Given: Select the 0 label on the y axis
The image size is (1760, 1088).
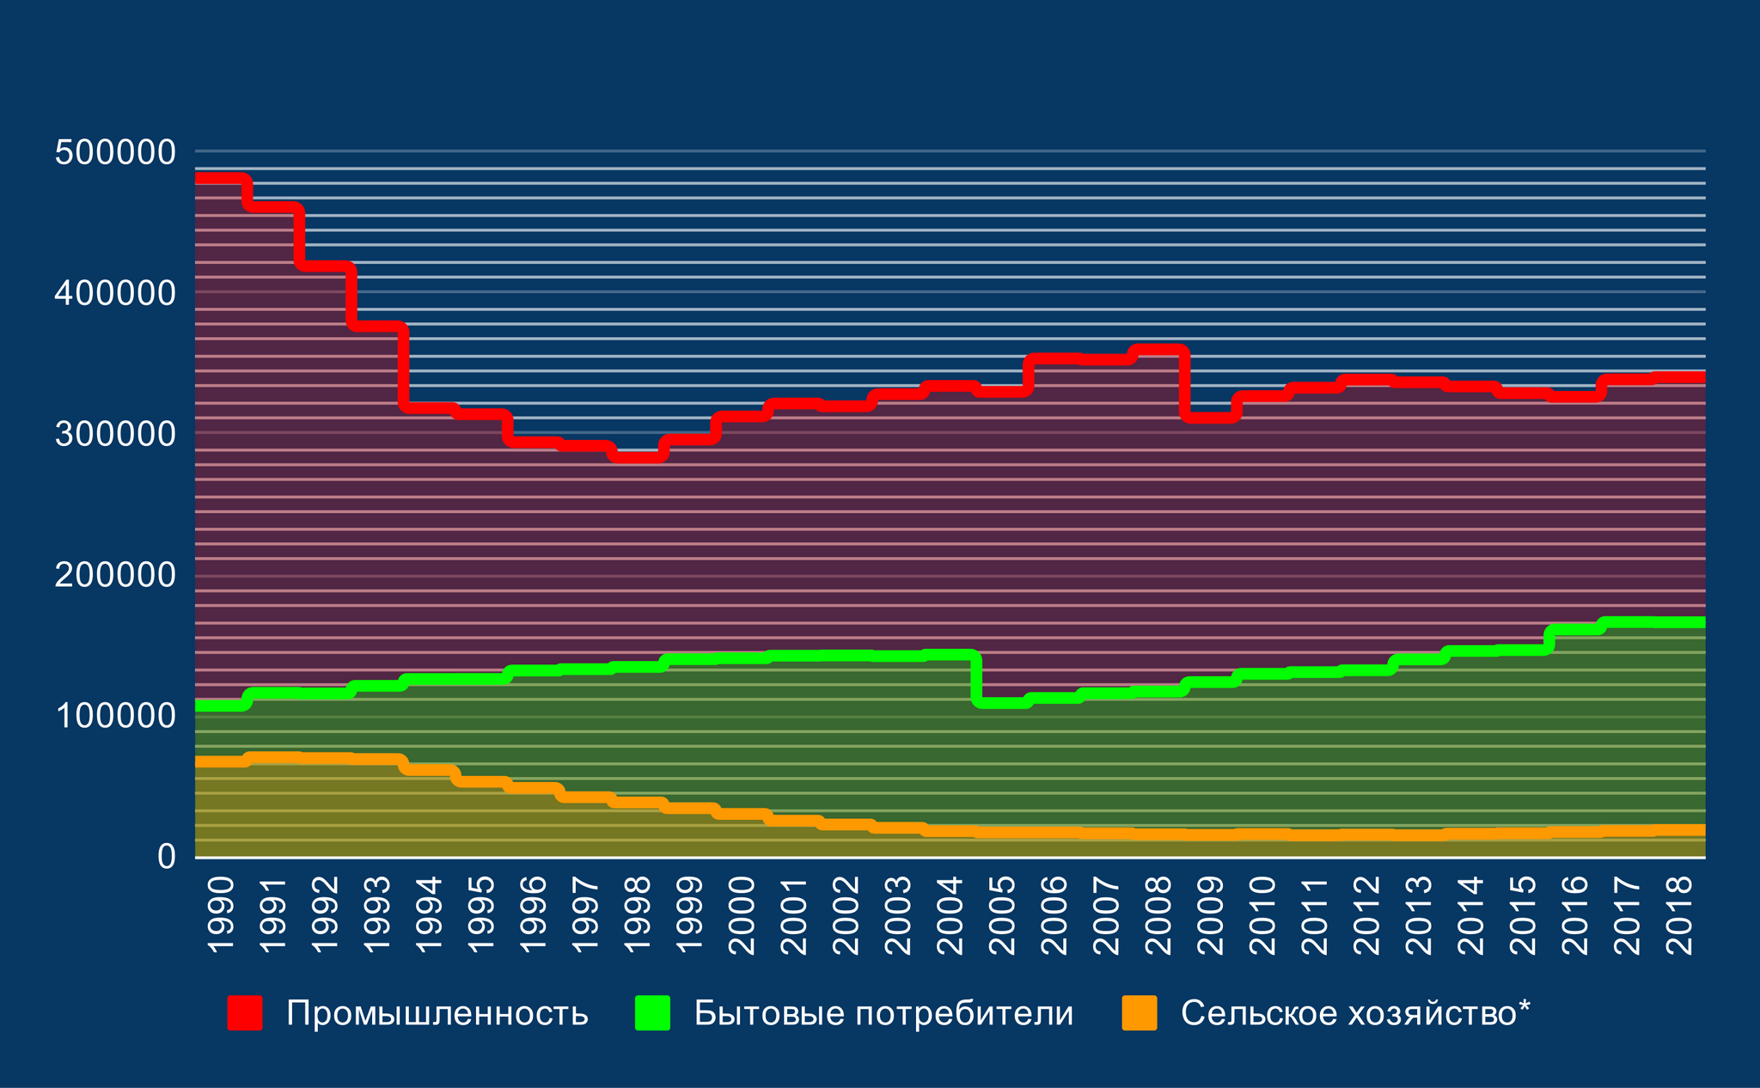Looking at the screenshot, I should tap(166, 857).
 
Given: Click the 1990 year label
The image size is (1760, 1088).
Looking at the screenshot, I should tap(221, 915).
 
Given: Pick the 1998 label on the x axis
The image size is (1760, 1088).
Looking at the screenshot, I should tap(637, 915).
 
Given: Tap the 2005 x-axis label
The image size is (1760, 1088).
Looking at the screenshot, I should tap(1001, 915).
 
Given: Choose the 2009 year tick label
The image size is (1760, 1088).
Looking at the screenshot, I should tap(1210, 915).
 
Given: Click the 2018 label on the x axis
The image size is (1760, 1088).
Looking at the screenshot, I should tap(1678, 915).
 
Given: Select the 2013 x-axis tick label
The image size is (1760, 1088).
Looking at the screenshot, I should tap(1418, 915).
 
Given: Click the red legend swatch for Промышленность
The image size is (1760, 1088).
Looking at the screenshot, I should tap(244, 1012).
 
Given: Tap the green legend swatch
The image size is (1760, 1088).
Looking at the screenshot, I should tap(652, 1012).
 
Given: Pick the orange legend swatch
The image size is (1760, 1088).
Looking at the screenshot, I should tap(1140, 1012).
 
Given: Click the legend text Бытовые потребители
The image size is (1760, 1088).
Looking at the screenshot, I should tap(883, 1014).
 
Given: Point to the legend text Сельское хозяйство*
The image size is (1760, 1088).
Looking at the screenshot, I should tap(1355, 1014).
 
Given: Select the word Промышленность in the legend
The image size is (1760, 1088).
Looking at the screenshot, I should tap(437, 1014).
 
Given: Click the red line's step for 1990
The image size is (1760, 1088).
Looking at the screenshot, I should tap(221, 179).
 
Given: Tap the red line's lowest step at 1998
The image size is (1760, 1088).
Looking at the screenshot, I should tap(637, 456).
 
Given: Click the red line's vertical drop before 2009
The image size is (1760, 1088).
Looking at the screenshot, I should tap(1184, 383).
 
